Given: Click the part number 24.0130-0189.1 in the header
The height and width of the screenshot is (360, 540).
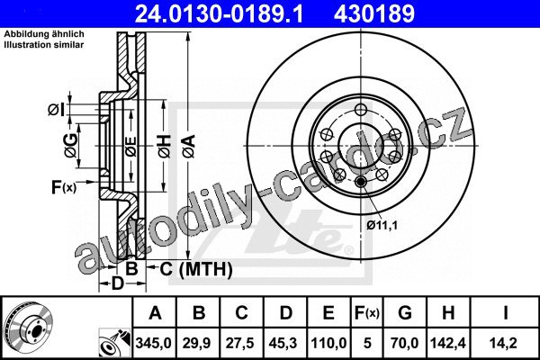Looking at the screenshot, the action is (x=219, y=13).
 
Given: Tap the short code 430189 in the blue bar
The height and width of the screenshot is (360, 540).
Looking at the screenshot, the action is (x=374, y=13).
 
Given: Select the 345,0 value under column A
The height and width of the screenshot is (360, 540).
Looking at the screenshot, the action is (x=154, y=343).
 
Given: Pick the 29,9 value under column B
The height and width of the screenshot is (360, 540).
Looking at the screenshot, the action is (x=196, y=343).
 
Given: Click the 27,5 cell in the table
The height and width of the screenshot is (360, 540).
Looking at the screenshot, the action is (x=239, y=343).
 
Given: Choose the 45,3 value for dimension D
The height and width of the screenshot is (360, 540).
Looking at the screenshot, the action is (x=284, y=343).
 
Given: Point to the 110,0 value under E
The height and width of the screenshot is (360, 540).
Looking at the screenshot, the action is (x=328, y=343).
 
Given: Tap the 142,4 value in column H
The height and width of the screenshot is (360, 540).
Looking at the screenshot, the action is (x=447, y=343).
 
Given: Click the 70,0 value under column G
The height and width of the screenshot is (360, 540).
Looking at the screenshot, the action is (x=404, y=343).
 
